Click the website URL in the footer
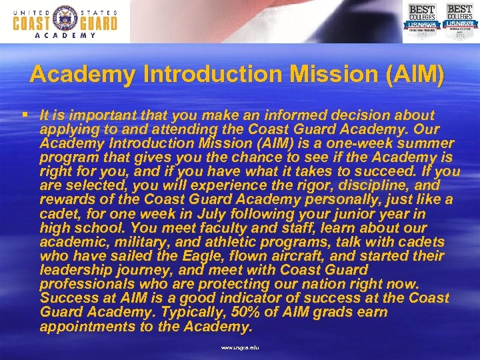pyautogui.click(x=241, y=347)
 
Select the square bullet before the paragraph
pyautogui.click(x=24, y=115)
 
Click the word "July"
pyautogui.click(x=194, y=214)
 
